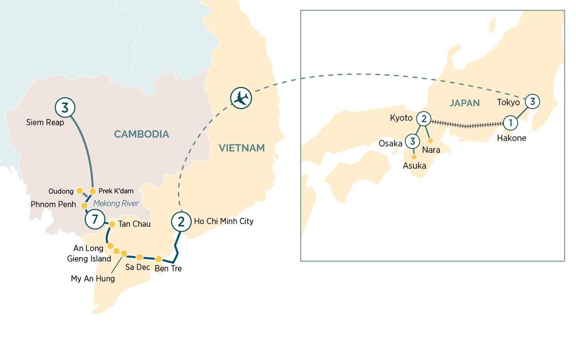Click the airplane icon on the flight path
coord(241,98)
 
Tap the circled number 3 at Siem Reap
coord(65,108)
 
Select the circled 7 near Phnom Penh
coord(94,219)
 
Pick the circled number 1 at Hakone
coord(510,123)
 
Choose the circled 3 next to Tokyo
coord(532,101)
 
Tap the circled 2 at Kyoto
coord(423,118)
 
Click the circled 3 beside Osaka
coord(412,142)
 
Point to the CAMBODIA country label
coord(141,134)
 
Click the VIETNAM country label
coord(242,148)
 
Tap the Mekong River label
coord(116,203)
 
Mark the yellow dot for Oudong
coord(79,190)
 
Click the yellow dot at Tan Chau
coord(112,224)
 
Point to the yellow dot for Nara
coord(430,141)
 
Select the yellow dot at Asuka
coord(414,157)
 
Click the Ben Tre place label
coord(168,269)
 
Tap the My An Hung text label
coord(93,278)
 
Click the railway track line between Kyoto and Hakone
coord(467,125)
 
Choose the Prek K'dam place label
coord(116,191)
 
